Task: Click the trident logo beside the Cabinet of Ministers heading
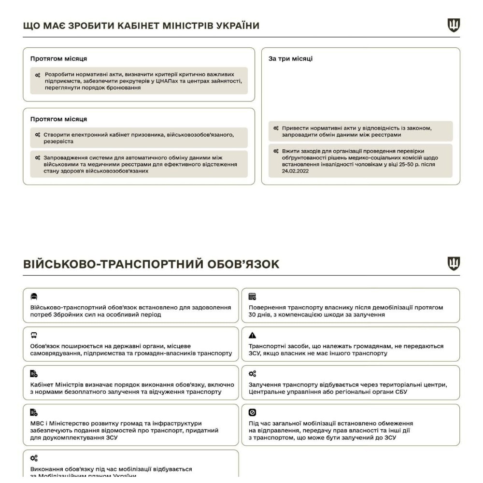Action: click(454, 25)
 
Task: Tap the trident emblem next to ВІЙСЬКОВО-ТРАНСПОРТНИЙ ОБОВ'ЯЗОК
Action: click(454, 264)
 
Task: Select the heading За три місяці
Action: click(290, 58)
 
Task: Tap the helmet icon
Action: click(34, 297)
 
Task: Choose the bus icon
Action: click(34, 335)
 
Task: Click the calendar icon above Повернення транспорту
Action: click(252, 297)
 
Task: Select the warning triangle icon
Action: click(252, 335)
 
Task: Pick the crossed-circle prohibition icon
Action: click(252, 412)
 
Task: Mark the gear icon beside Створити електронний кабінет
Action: click(37, 135)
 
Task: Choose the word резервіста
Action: click(58, 142)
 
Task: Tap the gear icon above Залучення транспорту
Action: click(253, 374)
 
